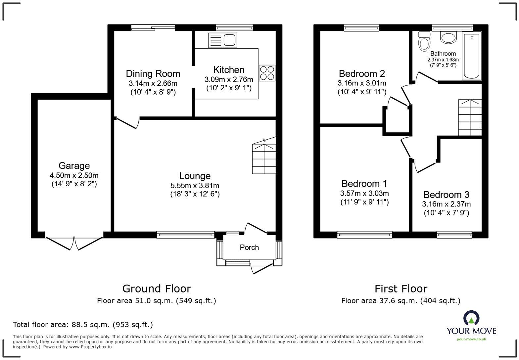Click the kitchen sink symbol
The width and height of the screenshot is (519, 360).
pos(222,40)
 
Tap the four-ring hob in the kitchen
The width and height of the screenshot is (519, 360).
pos(267,73)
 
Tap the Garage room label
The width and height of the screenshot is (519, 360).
pos(74,166)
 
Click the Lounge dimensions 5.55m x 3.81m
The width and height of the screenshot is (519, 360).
pos(195,186)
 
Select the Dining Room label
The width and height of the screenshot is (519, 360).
pos(153,73)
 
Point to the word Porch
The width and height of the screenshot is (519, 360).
pos(249,247)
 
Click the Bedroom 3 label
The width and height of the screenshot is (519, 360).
pos(446,195)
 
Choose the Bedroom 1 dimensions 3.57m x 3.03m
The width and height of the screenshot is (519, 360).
pos(364,193)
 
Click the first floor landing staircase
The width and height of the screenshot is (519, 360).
pos(470,117)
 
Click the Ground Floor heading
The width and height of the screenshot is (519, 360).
pos(157,289)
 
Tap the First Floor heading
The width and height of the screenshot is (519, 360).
pos(401,289)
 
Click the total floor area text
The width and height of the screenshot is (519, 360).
pos(83,325)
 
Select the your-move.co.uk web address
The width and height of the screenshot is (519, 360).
pos(471,339)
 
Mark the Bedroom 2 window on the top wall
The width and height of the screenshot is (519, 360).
pos(361,28)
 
